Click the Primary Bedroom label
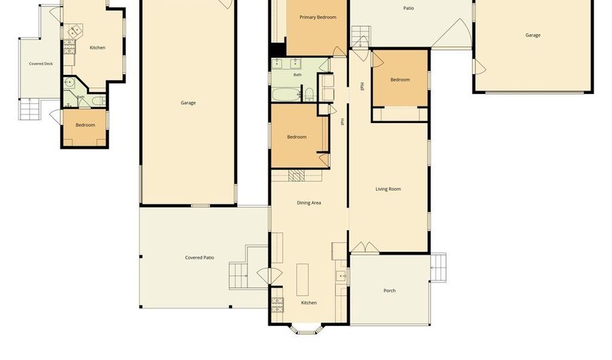pos(318,17)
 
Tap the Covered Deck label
pos(41,64)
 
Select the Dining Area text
pos(309,203)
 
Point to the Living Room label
pos(388,189)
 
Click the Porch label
pos(390,291)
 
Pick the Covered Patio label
pos(199,258)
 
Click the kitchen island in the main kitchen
pos(303,280)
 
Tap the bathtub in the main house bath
pos(286,95)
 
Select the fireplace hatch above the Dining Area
pos(296,176)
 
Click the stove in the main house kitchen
pos(277,305)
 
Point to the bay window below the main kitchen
pos(307,329)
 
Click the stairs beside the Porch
pos(439,267)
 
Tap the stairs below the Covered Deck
pos(30,109)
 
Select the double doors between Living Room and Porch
pos(364,248)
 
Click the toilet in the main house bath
pos(309,94)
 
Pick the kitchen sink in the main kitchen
pos(341,276)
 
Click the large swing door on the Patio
pos(453,33)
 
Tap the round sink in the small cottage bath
pos(70,82)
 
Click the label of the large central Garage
pos(188,103)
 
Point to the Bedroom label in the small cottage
pos(85,125)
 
